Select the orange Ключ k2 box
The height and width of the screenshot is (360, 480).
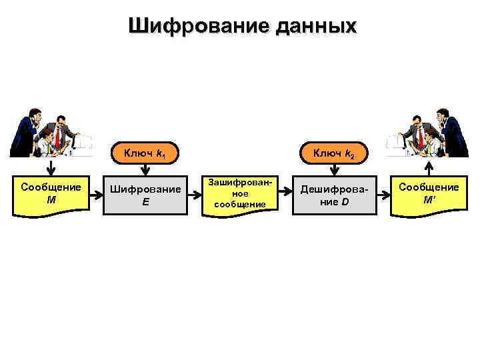click(334, 154)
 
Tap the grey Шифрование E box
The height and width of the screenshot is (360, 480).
click(145, 195)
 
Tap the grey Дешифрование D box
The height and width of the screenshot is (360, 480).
click(334, 195)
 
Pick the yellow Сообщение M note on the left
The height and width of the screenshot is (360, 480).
click(51, 194)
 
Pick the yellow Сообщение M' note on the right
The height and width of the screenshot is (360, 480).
click(429, 194)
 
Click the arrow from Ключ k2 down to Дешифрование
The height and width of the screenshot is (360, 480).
click(334, 170)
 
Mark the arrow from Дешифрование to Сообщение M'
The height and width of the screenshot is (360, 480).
click(383, 195)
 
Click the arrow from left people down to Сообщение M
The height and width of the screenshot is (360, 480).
click(51, 166)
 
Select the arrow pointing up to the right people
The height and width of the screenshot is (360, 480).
click(429, 166)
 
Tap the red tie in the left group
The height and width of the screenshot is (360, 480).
click(57, 137)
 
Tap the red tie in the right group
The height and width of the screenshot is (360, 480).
click(421, 137)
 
